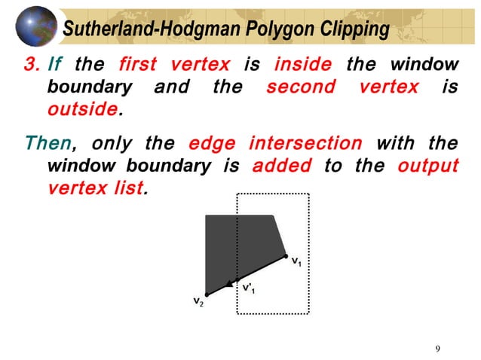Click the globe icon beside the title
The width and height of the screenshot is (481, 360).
36,26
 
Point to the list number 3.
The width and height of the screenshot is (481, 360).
30,65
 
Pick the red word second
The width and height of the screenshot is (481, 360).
301,87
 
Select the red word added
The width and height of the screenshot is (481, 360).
281,165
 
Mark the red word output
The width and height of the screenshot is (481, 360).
427,165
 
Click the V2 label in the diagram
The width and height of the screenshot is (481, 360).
198,303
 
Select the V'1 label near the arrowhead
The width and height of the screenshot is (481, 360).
249,288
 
